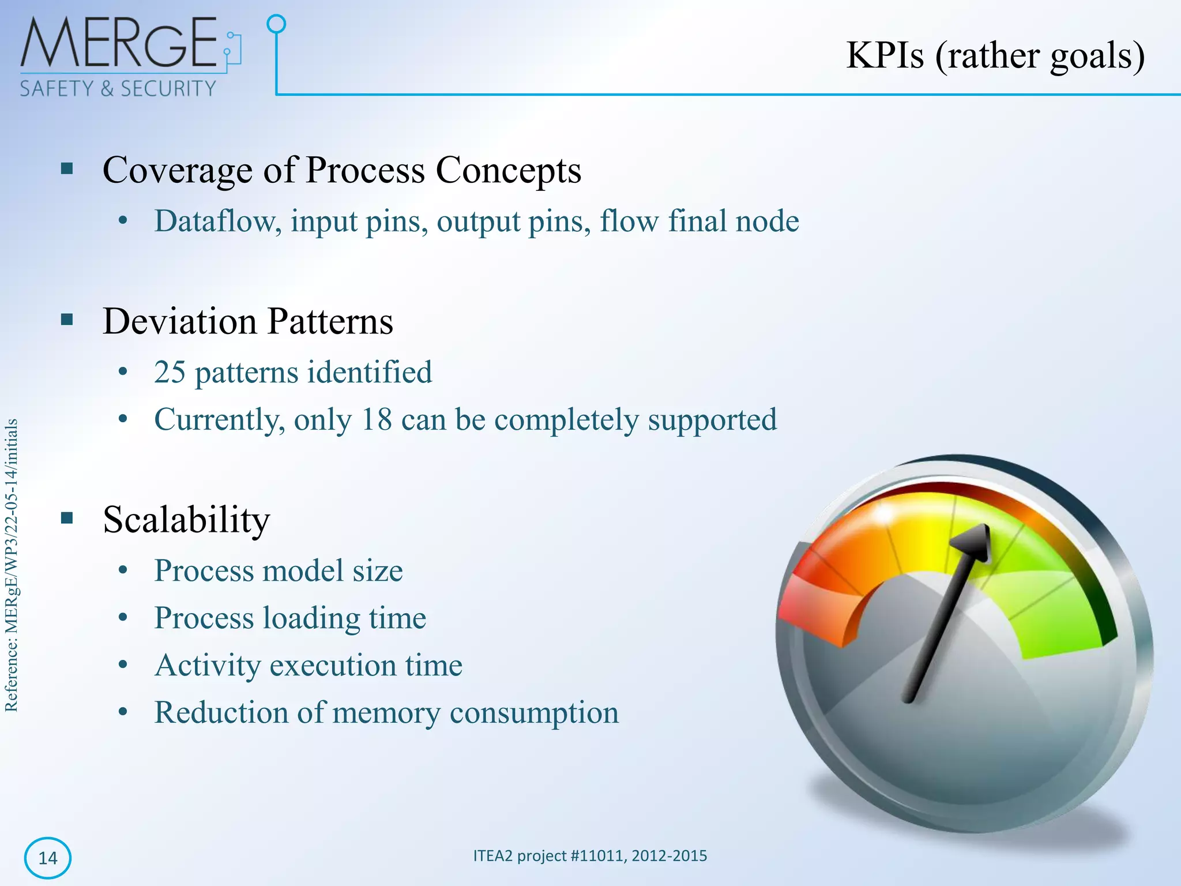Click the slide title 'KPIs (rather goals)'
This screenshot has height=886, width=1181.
click(995, 56)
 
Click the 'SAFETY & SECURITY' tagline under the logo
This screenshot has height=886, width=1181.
click(118, 89)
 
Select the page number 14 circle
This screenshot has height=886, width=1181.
click(48, 858)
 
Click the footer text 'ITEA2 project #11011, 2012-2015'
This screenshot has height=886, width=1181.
click(590, 855)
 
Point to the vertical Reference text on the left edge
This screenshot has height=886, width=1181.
click(12, 565)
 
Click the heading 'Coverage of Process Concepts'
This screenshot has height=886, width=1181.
click(342, 170)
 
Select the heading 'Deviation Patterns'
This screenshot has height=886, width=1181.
click(248, 321)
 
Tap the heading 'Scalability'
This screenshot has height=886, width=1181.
click(186, 520)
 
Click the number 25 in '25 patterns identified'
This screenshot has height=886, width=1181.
click(170, 372)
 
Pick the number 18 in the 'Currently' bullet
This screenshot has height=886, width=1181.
click(376, 419)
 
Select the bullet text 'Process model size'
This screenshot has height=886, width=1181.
click(279, 570)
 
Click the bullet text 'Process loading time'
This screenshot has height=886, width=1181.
click(290, 618)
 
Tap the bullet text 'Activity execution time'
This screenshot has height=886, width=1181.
click(309, 665)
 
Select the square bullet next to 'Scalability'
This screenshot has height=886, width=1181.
click(67, 518)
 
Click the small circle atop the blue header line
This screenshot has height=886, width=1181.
click(277, 24)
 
